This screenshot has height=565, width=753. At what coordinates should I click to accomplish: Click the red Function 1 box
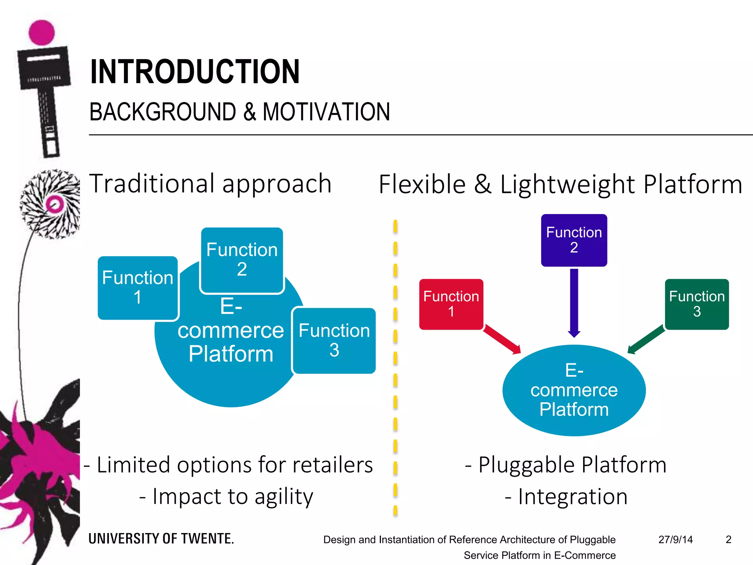[451, 304]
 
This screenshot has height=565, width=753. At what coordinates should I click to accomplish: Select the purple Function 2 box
[574, 240]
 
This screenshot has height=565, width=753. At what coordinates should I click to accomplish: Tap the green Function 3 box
[697, 304]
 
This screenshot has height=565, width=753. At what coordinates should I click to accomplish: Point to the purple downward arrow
[574, 302]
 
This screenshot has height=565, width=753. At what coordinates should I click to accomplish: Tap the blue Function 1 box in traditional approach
[138, 288]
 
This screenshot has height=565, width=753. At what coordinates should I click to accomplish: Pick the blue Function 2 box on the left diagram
[242, 260]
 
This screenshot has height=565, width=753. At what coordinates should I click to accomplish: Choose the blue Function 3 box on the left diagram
[334, 341]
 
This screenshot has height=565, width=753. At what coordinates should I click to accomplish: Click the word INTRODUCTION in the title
[195, 72]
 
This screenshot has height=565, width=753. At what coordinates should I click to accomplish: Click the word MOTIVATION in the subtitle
[326, 112]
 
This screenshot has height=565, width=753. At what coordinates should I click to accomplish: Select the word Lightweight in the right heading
[567, 184]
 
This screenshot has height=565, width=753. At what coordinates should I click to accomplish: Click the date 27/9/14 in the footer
[675, 540]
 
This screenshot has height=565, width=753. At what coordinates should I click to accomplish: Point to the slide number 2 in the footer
[728, 540]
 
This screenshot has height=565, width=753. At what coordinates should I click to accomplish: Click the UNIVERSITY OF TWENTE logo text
[161, 539]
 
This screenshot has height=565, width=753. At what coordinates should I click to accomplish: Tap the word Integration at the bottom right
[572, 497]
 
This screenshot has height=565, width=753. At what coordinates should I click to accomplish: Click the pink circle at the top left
[42, 32]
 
